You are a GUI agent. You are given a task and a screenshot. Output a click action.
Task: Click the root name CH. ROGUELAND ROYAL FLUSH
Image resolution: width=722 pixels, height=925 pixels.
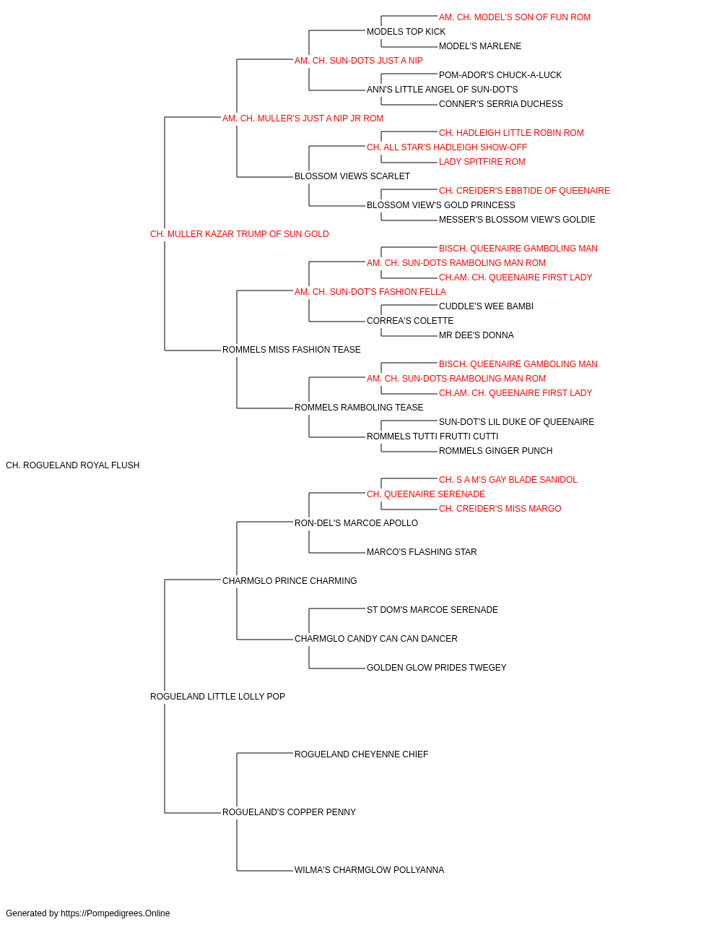click(73, 465)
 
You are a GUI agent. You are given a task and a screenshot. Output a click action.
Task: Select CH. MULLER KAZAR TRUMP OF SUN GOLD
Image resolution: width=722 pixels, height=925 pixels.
click(240, 234)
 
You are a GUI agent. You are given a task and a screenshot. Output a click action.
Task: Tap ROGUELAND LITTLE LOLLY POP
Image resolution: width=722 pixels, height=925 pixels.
click(217, 697)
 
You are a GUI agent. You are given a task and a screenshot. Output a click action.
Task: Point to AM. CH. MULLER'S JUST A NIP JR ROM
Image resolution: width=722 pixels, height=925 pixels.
click(303, 119)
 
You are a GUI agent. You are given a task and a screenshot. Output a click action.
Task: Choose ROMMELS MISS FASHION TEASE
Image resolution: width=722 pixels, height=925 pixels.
click(291, 350)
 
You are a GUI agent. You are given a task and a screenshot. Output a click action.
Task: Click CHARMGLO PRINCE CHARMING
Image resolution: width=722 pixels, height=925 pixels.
click(290, 580)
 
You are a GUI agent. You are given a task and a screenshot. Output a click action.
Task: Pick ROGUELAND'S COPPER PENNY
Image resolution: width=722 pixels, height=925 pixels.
click(289, 812)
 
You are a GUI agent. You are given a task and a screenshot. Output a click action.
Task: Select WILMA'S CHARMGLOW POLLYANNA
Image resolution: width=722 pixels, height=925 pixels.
click(369, 869)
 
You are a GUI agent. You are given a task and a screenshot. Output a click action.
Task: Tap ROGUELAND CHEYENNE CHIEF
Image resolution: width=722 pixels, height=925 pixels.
click(362, 754)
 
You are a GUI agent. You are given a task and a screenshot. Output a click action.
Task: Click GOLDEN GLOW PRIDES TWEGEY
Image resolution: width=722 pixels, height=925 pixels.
click(437, 668)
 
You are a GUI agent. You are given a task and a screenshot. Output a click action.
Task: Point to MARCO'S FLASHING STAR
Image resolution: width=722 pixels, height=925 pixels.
click(422, 551)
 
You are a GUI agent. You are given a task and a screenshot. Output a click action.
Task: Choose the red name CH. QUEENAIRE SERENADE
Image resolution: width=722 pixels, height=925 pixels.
click(426, 494)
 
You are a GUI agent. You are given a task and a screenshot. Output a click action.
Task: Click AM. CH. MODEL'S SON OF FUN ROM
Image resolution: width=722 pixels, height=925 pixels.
click(515, 17)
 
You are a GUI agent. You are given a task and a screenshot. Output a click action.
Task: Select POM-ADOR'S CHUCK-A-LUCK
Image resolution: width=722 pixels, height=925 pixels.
click(500, 75)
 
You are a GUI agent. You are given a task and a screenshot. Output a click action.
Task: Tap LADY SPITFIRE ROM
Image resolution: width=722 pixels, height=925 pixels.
click(482, 162)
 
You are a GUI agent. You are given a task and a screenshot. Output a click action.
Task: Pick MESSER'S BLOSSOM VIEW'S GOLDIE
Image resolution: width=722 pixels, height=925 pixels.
click(517, 220)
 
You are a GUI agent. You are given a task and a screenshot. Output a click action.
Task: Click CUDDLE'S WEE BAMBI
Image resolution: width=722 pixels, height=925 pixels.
click(486, 306)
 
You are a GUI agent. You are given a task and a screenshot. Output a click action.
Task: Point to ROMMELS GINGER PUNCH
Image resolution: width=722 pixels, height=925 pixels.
click(496, 451)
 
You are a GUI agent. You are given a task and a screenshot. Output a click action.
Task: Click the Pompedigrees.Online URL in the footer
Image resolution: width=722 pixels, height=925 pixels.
click(116, 913)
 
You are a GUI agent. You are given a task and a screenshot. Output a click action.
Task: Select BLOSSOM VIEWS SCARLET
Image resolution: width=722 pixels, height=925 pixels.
click(352, 176)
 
